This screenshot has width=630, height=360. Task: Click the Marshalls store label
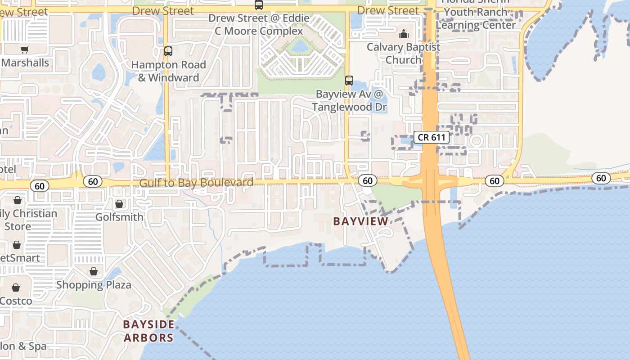[25, 63]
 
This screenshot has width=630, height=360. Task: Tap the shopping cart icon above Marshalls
[24, 50]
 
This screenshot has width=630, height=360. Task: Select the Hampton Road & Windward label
[168, 71]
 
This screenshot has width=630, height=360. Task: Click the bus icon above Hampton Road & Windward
[168, 51]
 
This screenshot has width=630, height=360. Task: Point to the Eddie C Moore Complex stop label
[258, 25]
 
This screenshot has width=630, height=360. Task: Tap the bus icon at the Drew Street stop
[259, 5]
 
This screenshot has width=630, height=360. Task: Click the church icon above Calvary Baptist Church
[404, 34]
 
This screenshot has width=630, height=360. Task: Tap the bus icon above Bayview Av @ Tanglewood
[349, 81]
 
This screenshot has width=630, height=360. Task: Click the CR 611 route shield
[432, 137]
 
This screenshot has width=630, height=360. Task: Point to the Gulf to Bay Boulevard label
[196, 183]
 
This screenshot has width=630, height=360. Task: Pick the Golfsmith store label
[119, 217]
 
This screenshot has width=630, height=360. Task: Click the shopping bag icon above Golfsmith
[119, 204]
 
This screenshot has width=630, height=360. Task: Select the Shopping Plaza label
[94, 285]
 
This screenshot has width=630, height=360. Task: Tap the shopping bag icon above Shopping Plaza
[94, 271]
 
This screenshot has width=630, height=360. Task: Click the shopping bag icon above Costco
[16, 288]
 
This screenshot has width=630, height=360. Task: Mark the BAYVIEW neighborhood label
[360, 221]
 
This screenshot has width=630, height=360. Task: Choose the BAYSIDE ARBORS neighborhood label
[148, 331]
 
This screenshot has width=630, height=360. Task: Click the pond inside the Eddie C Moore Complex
[299, 46]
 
